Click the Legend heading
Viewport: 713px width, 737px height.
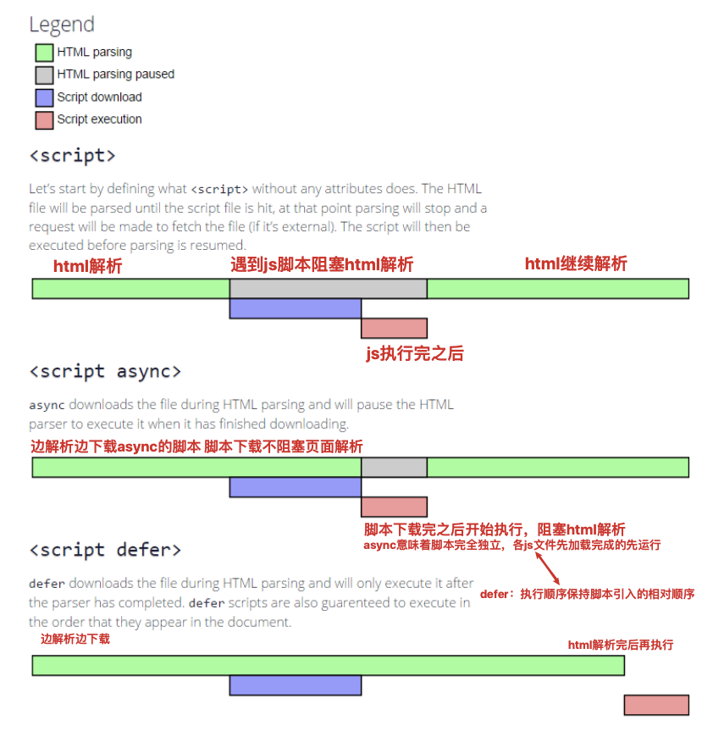pyautogui.click(x=62, y=25)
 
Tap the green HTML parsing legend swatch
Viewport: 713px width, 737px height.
pyautogui.click(x=44, y=53)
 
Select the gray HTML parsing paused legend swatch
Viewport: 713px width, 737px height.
pyautogui.click(x=44, y=75)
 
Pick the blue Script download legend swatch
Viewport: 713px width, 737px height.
pyautogui.click(x=44, y=97)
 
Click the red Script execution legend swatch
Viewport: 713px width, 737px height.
pyautogui.click(x=44, y=119)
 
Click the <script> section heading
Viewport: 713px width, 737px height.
pyautogui.click(x=72, y=156)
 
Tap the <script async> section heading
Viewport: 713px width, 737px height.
pyautogui.click(x=105, y=371)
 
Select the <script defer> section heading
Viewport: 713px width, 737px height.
pyautogui.click(x=105, y=550)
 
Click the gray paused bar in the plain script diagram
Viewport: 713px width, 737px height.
pyautogui.click(x=328, y=288)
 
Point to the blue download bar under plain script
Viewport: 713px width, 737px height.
pyautogui.click(x=295, y=308)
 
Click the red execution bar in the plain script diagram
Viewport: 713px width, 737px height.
pyautogui.click(x=394, y=328)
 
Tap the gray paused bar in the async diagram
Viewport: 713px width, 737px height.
pyautogui.click(x=394, y=468)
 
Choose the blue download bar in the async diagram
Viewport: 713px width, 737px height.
pyautogui.click(x=295, y=487)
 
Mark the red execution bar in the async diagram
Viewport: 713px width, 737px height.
pyautogui.click(x=394, y=507)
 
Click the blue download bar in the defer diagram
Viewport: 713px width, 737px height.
pyautogui.click(x=295, y=685)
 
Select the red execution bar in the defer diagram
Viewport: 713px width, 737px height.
pyautogui.click(x=656, y=705)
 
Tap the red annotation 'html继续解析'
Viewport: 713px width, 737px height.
pyautogui.click(x=576, y=263)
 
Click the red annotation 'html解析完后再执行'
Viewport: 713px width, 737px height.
pyautogui.click(x=620, y=645)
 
